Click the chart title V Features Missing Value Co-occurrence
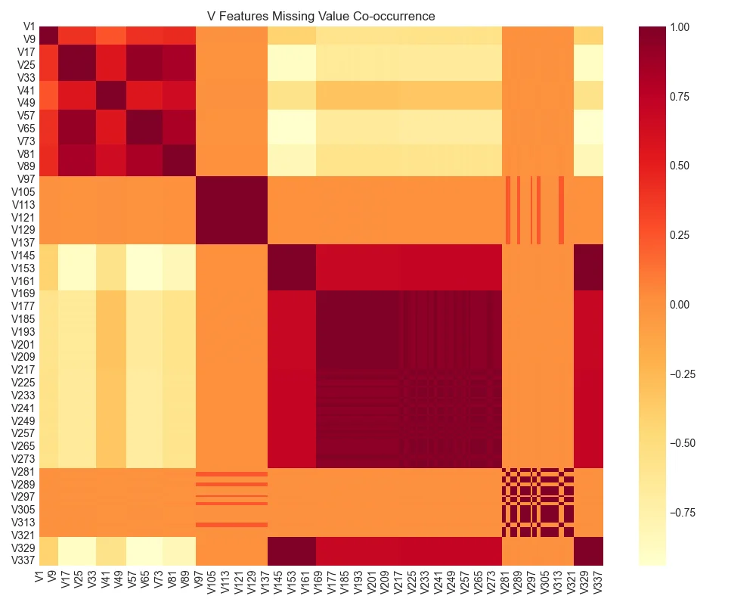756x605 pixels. pyautogui.click(x=321, y=16)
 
